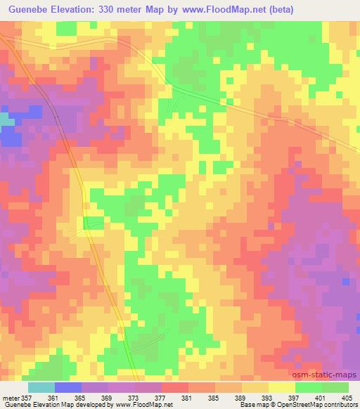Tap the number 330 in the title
click(111, 10)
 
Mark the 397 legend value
click(304, 397)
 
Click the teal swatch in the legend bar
click(41, 387)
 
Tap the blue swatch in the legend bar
click(68, 387)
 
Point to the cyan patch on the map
click(6, 120)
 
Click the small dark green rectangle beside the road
click(91, 223)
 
